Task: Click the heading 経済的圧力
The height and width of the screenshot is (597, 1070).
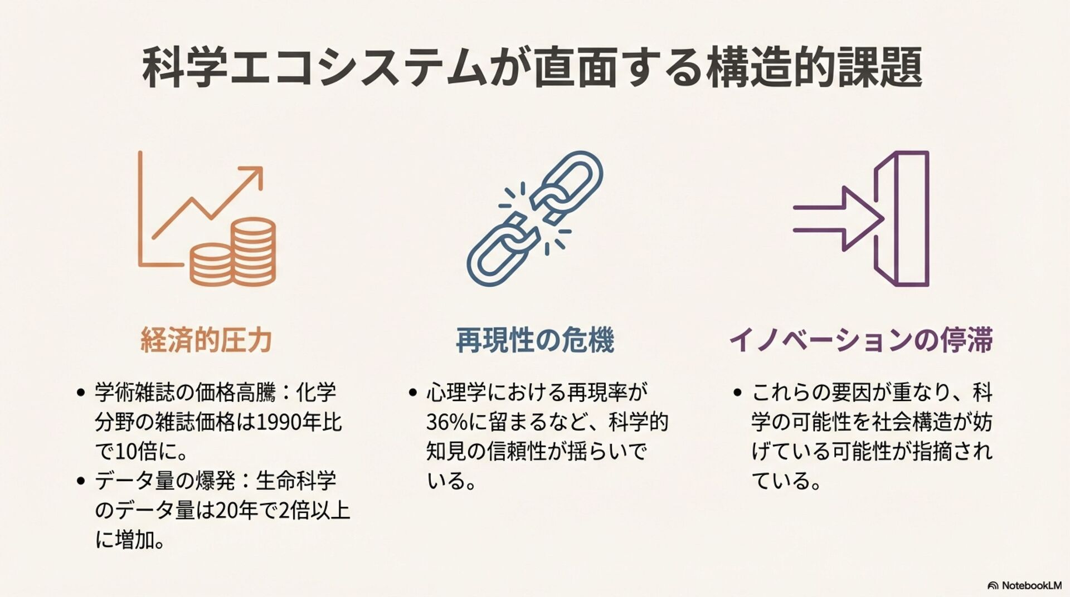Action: (x=206, y=340)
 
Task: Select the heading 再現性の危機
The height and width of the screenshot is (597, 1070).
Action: (x=535, y=340)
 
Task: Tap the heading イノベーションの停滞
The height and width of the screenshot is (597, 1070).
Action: (x=861, y=340)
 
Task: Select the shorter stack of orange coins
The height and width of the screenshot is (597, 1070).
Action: (x=211, y=265)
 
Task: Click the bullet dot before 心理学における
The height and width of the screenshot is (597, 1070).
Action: (x=413, y=393)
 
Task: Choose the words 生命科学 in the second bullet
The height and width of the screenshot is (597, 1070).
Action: (x=296, y=481)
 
